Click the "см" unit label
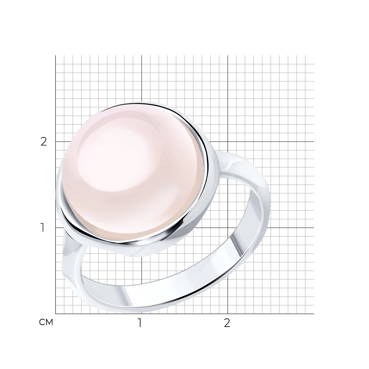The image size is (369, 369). [46, 322]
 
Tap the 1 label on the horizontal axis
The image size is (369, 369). [140, 323]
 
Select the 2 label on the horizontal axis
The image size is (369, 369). [227, 323]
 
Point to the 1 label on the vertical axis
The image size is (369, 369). [42, 228]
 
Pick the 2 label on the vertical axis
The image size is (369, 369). [44, 142]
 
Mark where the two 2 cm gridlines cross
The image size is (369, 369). [228, 142]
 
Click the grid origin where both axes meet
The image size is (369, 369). [56, 314]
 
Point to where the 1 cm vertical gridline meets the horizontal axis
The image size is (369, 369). [141, 314]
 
